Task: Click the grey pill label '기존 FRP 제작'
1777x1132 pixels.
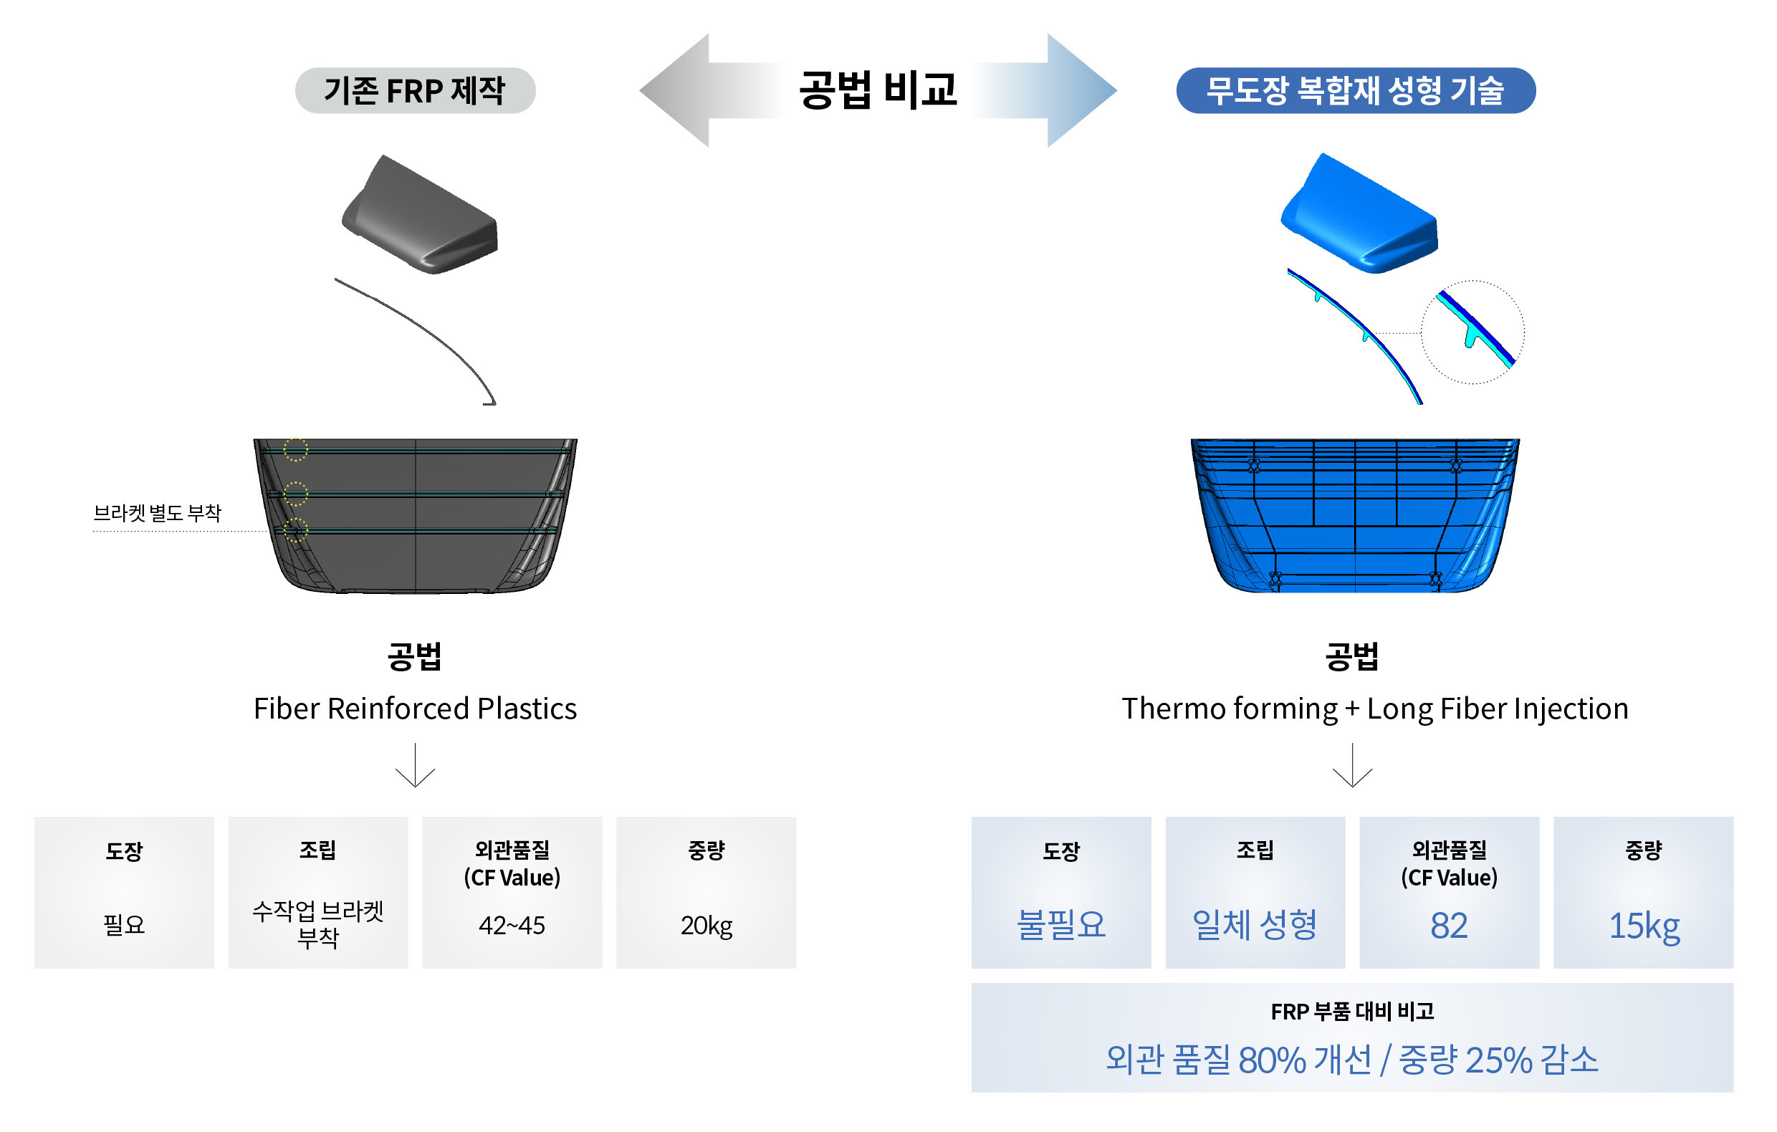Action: [x=415, y=91]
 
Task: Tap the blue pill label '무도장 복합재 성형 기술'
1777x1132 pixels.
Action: [x=1355, y=91]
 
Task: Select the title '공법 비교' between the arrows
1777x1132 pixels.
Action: [x=878, y=90]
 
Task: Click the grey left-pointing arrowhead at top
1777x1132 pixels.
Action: [x=675, y=90]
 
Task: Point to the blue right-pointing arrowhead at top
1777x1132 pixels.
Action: [x=1081, y=90]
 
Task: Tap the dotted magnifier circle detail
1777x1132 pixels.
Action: [x=1472, y=332]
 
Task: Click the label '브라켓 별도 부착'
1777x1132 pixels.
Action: [x=157, y=513]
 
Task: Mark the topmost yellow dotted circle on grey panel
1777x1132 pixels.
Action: [x=295, y=449]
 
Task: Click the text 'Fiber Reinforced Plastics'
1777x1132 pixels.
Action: [x=415, y=709]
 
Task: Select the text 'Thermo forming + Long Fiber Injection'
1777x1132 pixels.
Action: [x=1374, y=709]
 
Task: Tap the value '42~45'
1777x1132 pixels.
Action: [x=512, y=926]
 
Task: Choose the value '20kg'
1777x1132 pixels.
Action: [x=707, y=926]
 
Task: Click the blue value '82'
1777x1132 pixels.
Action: [x=1449, y=926]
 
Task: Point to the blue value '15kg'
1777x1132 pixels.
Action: [x=1644, y=926]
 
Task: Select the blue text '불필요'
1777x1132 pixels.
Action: [x=1060, y=926]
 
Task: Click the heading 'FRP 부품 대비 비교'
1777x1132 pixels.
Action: [x=1352, y=1012]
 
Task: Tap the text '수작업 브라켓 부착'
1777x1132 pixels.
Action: [x=317, y=924]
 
